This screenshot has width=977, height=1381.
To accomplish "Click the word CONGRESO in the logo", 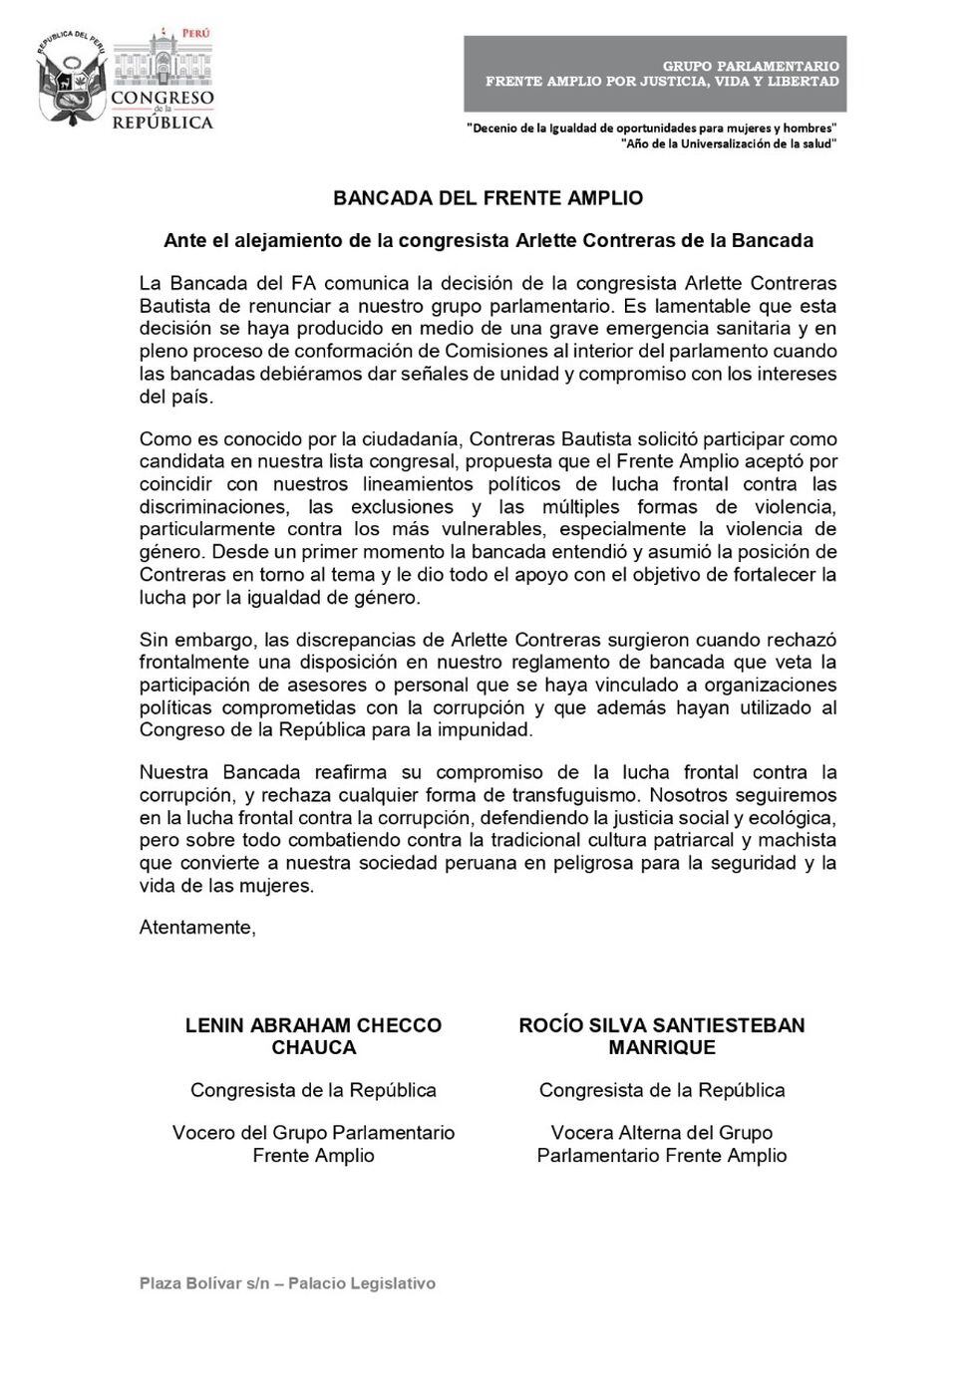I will tap(162, 98).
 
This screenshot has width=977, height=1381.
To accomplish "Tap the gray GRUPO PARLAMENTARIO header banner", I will tap(655, 74).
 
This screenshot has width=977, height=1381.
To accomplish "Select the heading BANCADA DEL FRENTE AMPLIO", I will tap(488, 197).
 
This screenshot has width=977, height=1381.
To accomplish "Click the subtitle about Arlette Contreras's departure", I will tap(488, 240).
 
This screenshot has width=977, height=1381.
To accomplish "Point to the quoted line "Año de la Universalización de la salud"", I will tap(728, 143).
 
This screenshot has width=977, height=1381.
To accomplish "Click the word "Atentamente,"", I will tap(197, 927).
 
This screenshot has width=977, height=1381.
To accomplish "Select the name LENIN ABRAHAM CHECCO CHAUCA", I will tap(313, 1036).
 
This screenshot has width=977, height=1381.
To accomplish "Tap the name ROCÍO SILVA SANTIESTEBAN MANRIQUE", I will tap(661, 1036).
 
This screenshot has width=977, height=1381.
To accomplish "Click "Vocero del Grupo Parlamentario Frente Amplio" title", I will tap(313, 1144).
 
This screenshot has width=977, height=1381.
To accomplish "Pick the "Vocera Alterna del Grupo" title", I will tap(661, 1133).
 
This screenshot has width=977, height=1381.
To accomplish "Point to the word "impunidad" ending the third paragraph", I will tap(487, 730).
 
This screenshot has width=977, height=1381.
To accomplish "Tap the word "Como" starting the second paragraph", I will tap(161, 439).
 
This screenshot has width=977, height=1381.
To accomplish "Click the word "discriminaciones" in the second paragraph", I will tap(211, 507).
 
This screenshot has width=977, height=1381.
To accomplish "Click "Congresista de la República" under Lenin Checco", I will tap(313, 1090).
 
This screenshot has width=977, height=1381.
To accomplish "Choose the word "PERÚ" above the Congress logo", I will tap(195, 33).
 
